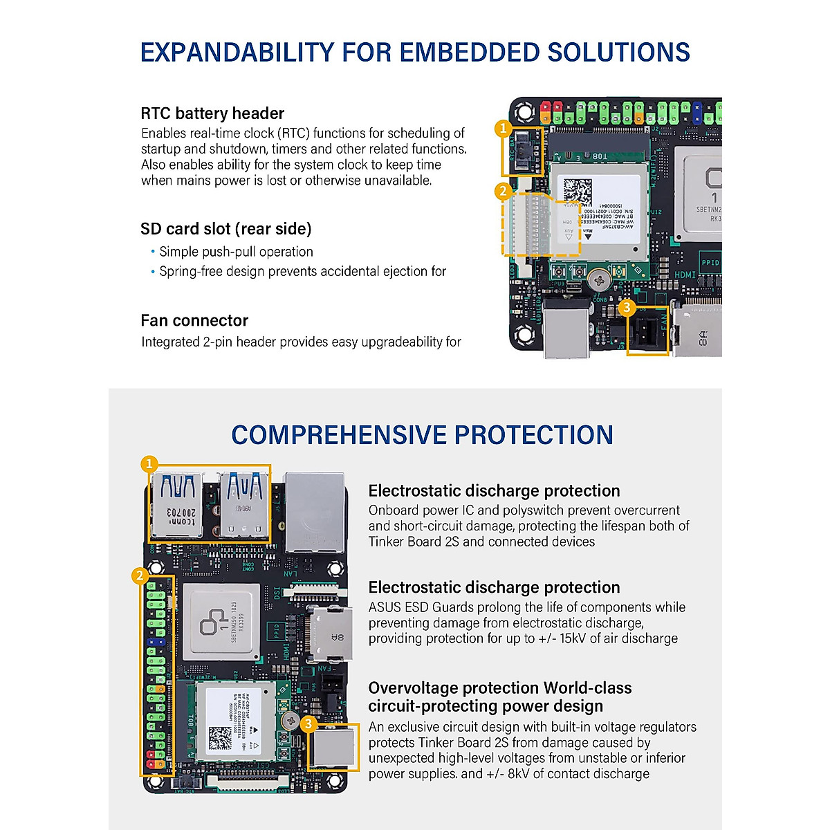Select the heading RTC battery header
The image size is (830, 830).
(x=212, y=113)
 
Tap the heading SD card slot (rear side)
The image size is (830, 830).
(x=225, y=229)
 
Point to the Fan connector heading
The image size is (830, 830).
(x=194, y=320)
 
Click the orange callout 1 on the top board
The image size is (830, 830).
(x=504, y=128)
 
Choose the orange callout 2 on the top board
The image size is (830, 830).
(x=504, y=191)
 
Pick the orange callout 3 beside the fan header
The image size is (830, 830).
(x=627, y=306)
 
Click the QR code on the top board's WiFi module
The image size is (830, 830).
(x=578, y=192)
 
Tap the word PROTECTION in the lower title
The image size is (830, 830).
(x=533, y=435)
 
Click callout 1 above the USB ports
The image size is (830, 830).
(x=149, y=463)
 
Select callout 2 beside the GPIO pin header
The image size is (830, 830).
(x=140, y=575)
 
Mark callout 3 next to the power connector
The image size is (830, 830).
(x=308, y=724)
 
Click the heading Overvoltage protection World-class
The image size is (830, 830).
(x=499, y=688)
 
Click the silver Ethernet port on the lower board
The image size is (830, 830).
(x=315, y=510)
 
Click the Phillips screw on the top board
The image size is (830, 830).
(x=598, y=280)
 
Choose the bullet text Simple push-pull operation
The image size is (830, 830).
(x=236, y=252)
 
